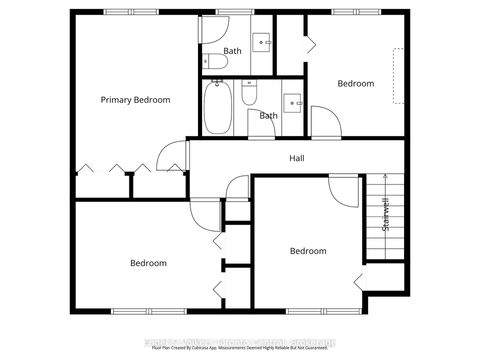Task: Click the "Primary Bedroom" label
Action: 135,100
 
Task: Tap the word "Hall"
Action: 297,159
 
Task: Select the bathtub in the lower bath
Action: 217,107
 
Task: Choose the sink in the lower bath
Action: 291,101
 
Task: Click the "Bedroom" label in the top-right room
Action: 355,84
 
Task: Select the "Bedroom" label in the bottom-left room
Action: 148,263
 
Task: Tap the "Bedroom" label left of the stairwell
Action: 308,251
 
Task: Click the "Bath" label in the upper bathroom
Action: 232,50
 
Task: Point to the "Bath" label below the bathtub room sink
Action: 269,116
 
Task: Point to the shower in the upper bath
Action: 214,32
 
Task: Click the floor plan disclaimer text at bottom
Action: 240,347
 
